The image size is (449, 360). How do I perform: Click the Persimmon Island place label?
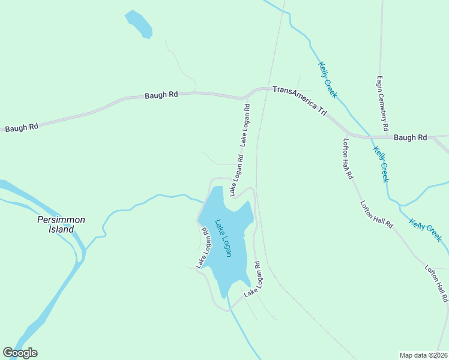tap(61, 224)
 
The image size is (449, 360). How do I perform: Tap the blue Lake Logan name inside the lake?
tap(223, 237)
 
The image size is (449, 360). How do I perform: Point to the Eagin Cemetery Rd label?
tap(382, 103)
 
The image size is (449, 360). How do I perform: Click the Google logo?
tap(20, 353)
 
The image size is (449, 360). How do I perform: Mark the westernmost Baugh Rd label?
tap(22, 127)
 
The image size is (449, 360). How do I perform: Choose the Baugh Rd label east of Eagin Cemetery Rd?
tap(410, 137)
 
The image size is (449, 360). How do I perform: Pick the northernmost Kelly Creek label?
tap(328, 80)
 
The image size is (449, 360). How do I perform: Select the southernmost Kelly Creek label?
tap(426, 230)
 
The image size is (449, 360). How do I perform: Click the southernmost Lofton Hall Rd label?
tap(436, 283)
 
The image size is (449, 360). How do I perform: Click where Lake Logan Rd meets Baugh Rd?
tap(244, 97)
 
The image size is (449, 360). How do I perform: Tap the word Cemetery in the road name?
tap(382, 100)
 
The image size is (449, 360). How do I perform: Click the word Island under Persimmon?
tap(61, 229)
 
